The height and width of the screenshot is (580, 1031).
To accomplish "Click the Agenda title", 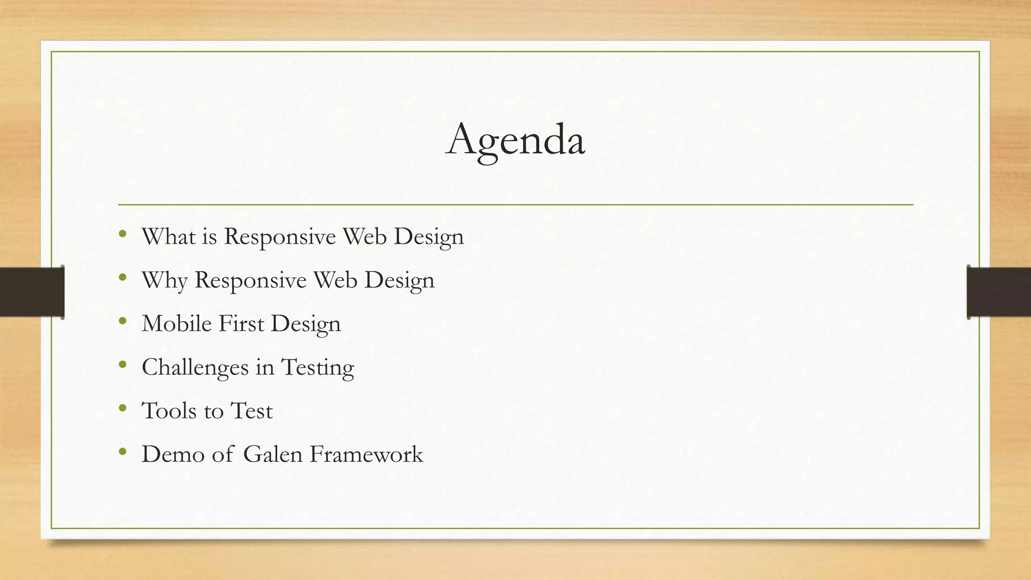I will (515, 140).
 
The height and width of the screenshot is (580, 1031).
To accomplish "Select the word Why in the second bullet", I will (165, 280).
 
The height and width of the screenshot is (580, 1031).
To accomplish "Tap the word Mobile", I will (177, 324).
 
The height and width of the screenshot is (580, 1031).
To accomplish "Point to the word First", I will (241, 324).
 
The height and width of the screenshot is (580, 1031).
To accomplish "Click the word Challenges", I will (195, 368).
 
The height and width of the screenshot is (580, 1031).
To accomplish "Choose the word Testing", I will (318, 368).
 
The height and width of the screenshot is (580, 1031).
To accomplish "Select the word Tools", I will (169, 411).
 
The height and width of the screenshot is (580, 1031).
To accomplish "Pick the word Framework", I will (366, 454).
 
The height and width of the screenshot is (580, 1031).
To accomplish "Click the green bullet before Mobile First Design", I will (123, 321).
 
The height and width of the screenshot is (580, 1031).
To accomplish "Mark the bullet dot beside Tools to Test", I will (123, 408).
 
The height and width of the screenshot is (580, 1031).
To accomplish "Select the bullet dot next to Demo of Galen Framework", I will (123, 452).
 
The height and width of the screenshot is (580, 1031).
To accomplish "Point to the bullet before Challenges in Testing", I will (123, 364).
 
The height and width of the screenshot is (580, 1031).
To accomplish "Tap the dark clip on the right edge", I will (999, 292).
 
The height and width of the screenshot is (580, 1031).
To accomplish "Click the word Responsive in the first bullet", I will (279, 237).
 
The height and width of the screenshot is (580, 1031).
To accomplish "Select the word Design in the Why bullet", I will (399, 280).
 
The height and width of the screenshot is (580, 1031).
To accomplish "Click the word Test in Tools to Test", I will (251, 411).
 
